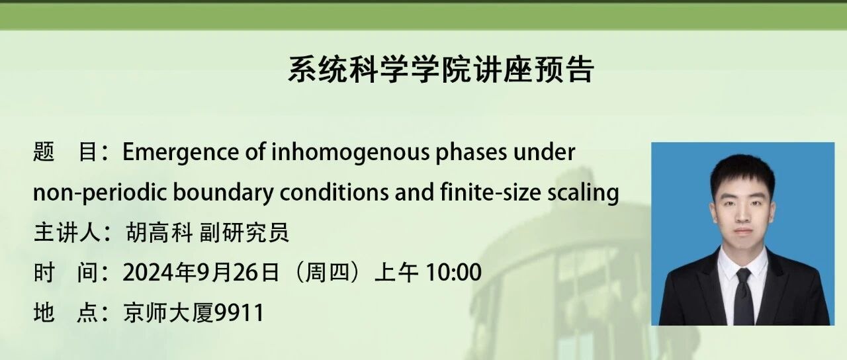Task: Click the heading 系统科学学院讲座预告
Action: [441, 69]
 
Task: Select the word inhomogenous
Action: [351, 153]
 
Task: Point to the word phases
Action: [472, 153]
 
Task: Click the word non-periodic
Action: [100, 193]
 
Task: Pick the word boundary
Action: [224, 193]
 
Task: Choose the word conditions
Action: [334, 192]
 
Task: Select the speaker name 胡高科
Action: [159, 232]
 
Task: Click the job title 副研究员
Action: [244, 232]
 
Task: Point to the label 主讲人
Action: [67, 232]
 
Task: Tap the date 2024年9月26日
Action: [201, 272]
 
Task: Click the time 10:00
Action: [453, 272]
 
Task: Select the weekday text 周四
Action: [327, 272]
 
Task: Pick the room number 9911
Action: [239, 313]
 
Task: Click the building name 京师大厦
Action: [168, 313]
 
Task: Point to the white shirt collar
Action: [742, 261]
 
